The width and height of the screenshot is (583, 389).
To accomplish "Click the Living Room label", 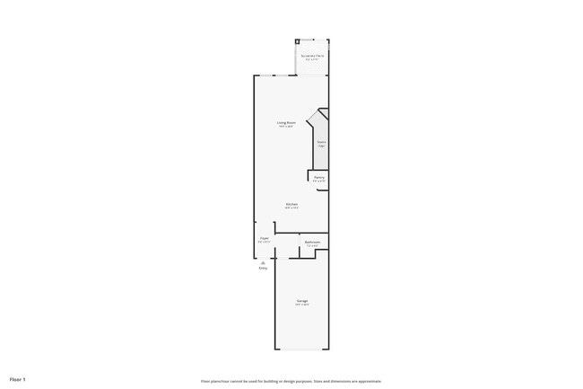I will point(286,122).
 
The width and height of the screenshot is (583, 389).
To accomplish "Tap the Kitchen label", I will point(291,204).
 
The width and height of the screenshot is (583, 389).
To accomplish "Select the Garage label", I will point(302,300).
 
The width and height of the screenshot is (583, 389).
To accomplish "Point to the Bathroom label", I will point(312,242).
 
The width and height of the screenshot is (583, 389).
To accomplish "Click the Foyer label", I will point(264,238).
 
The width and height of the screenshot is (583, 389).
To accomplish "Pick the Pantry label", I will point(319,177).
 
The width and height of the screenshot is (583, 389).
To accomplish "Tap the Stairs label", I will point(321,141).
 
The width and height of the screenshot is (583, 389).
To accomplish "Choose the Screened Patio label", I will point(312,56).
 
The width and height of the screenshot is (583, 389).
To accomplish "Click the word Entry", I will point(263,268).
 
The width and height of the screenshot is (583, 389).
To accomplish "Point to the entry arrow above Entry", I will point(263,261).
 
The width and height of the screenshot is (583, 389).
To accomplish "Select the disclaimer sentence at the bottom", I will point(291,380).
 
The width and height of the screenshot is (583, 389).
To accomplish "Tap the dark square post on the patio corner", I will point(298,41).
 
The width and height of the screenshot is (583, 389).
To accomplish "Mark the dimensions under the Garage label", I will point(302,305).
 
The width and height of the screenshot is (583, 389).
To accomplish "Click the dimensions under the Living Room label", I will point(286,127).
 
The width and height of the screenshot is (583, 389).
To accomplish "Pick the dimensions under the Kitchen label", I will point(291,208).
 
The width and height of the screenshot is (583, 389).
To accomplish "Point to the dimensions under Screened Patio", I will point(312,60).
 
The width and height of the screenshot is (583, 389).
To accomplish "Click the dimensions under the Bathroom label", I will point(312,246).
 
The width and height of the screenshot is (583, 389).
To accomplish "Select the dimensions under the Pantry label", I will point(319,181).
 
